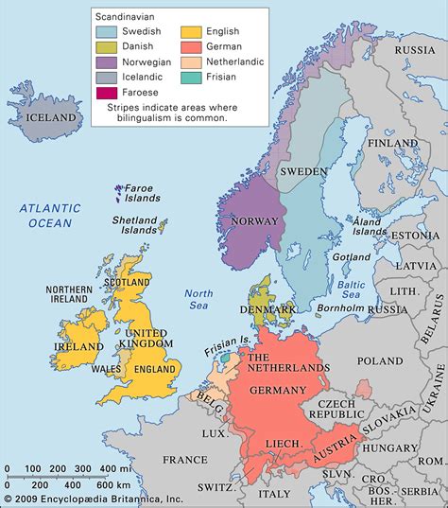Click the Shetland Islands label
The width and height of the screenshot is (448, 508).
click(x=133, y=223)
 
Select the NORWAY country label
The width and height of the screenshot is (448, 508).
click(x=253, y=221)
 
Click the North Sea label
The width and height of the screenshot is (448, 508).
click(x=198, y=299)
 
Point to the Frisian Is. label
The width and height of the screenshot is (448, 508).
click(x=228, y=349)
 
